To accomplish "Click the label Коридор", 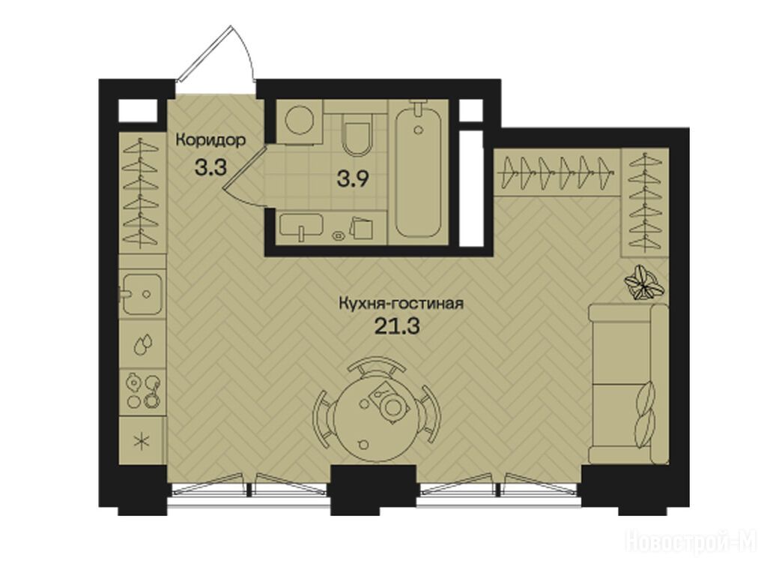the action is point(210,140).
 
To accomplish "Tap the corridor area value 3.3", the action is point(210,167).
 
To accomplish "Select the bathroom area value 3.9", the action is point(352,179).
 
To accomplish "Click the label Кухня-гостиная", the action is point(401,304).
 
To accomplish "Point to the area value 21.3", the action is point(397,326).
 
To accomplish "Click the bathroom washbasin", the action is point(301,226).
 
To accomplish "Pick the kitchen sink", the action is point(142,294).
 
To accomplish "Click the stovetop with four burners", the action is point(143,390).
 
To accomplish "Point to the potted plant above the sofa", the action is point(644,282).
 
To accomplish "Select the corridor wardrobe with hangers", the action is point(142,192).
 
